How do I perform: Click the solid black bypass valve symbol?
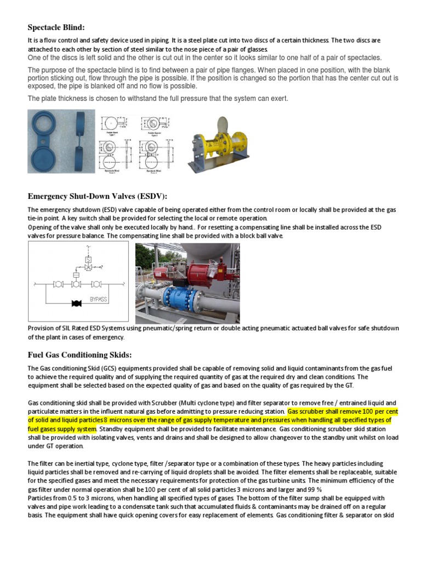coord(77,302)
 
